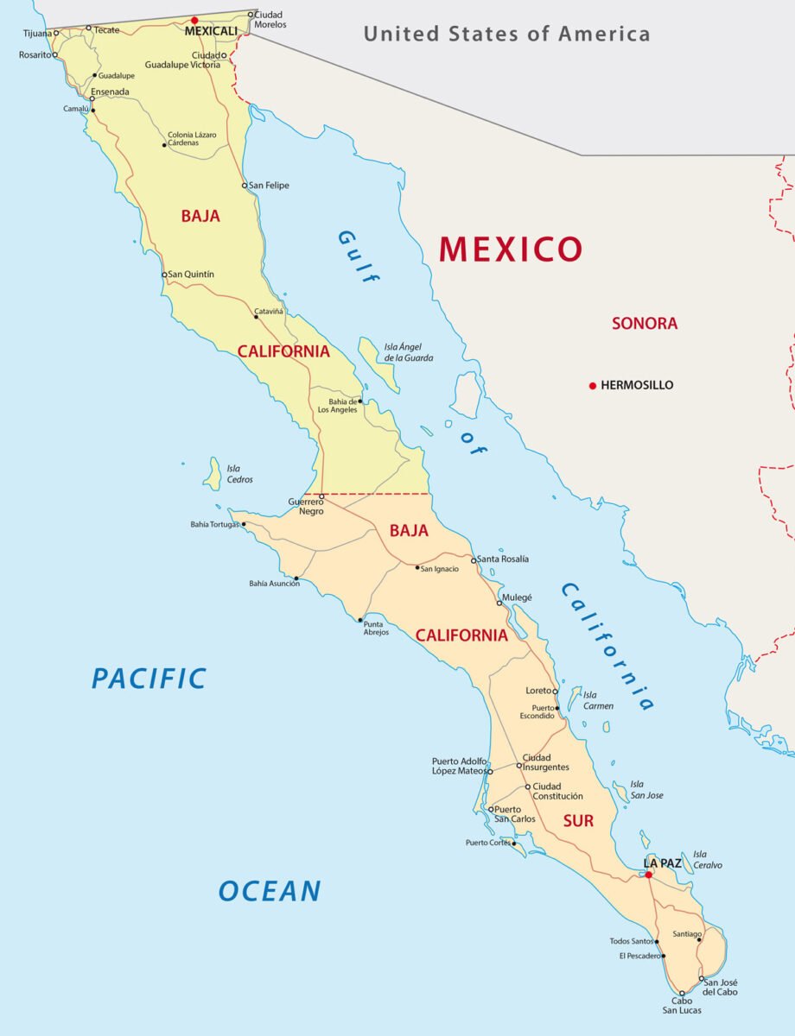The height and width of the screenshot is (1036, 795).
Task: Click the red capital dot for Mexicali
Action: pos(194,20)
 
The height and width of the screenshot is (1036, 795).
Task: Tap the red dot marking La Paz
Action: pos(648,875)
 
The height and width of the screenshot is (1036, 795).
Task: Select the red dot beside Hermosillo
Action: pos(592,385)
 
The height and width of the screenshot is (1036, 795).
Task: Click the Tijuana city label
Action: pos(35,34)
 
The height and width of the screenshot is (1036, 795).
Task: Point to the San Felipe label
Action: pos(270,186)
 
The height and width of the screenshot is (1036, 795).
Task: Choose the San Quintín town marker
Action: pos(164,275)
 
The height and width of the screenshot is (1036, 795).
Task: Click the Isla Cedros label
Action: pos(239,474)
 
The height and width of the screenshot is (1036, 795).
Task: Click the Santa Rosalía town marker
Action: pos(474,560)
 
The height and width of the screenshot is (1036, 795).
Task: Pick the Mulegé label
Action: pos(518,597)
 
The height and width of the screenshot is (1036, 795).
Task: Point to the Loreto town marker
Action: pos(556,691)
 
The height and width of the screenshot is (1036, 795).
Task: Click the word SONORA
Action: pos(645,324)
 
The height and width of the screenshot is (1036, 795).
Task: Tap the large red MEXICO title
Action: pos(511,249)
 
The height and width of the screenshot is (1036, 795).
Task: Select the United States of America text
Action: pos(506,35)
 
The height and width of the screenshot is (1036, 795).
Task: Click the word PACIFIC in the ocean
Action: pos(149,679)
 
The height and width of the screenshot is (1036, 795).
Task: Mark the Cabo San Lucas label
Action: pos(682,1006)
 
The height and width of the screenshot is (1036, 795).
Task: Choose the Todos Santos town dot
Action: pos(658,942)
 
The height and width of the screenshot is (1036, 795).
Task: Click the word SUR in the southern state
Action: pos(578,821)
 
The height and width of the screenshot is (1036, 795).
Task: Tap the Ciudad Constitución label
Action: pos(557,791)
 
